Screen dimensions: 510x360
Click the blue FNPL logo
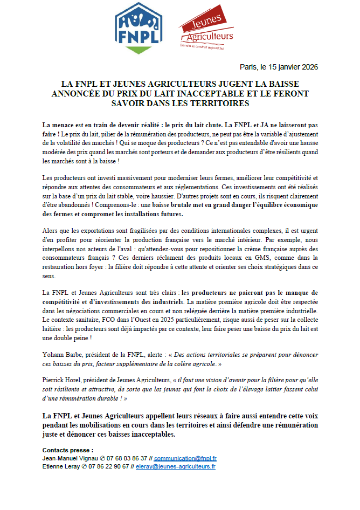tap(139, 28)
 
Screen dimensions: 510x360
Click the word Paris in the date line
tap(248, 67)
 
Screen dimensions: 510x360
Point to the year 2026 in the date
tap(308, 67)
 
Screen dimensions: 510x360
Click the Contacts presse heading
tap(67, 450)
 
